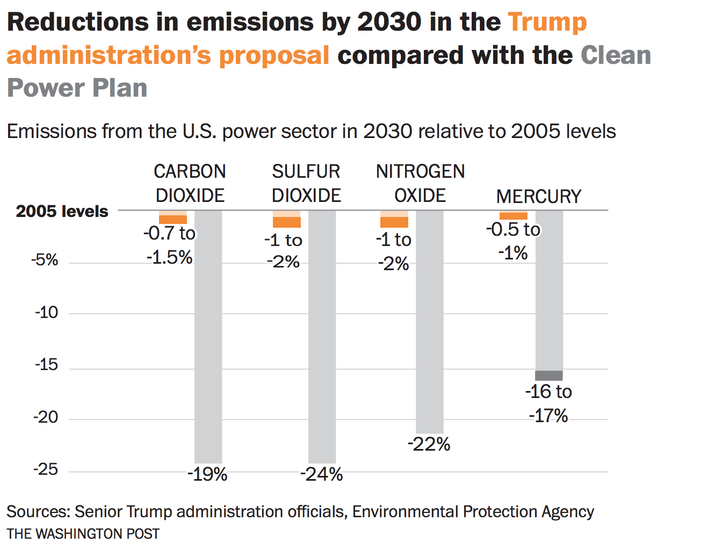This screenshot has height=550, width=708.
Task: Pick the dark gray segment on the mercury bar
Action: (x=548, y=375)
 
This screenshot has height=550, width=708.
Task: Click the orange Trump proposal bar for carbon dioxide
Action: (x=173, y=219)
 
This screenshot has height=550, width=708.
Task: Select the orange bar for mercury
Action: (x=513, y=216)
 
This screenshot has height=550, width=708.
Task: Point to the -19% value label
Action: (x=207, y=474)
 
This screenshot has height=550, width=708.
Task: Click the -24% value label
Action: (x=321, y=474)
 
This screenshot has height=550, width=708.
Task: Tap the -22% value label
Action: (x=429, y=444)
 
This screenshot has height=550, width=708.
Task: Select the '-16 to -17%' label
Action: (x=548, y=403)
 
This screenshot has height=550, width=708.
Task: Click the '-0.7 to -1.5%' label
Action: (x=169, y=245)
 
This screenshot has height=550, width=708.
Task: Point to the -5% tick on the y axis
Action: (x=45, y=260)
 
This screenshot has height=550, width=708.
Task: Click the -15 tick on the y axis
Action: (x=46, y=365)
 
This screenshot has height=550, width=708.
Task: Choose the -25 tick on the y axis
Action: (x=46, y=469)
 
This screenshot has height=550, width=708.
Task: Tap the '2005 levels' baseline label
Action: (x=62, y=211)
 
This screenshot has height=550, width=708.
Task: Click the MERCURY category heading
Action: (x=538, y=197)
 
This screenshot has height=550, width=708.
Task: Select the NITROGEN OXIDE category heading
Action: (x=420, y=183)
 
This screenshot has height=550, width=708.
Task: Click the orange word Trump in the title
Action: (x=547, y=22)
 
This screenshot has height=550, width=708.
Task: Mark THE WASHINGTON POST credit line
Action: (x=83, y=534)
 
